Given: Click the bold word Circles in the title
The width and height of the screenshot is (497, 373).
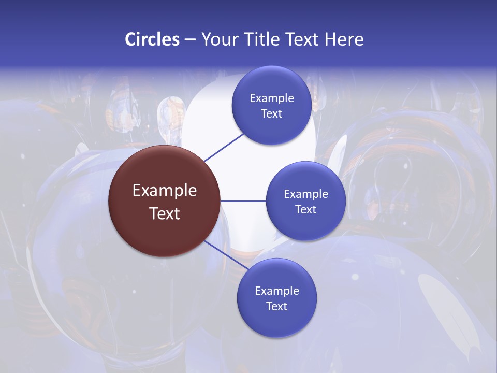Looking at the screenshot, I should [152, 39].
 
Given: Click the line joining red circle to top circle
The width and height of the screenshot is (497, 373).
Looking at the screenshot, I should [224, 147].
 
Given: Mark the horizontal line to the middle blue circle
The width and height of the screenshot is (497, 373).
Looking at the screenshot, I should [243, 201].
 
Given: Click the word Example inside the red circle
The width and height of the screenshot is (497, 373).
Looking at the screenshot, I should [165, 191].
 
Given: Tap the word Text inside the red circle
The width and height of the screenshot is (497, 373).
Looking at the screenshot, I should [165, 213].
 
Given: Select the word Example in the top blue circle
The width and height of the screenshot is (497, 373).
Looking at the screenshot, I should [272, 98].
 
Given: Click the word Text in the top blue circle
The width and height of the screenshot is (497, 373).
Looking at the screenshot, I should [272, 114].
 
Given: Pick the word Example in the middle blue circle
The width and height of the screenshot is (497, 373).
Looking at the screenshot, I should [306, 194].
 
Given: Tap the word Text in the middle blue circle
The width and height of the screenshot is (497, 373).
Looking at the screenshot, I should [306, 210].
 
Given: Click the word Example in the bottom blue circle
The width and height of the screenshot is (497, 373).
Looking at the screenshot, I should [277, 291].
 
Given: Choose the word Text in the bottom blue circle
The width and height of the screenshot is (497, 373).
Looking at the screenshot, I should [277, 307].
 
